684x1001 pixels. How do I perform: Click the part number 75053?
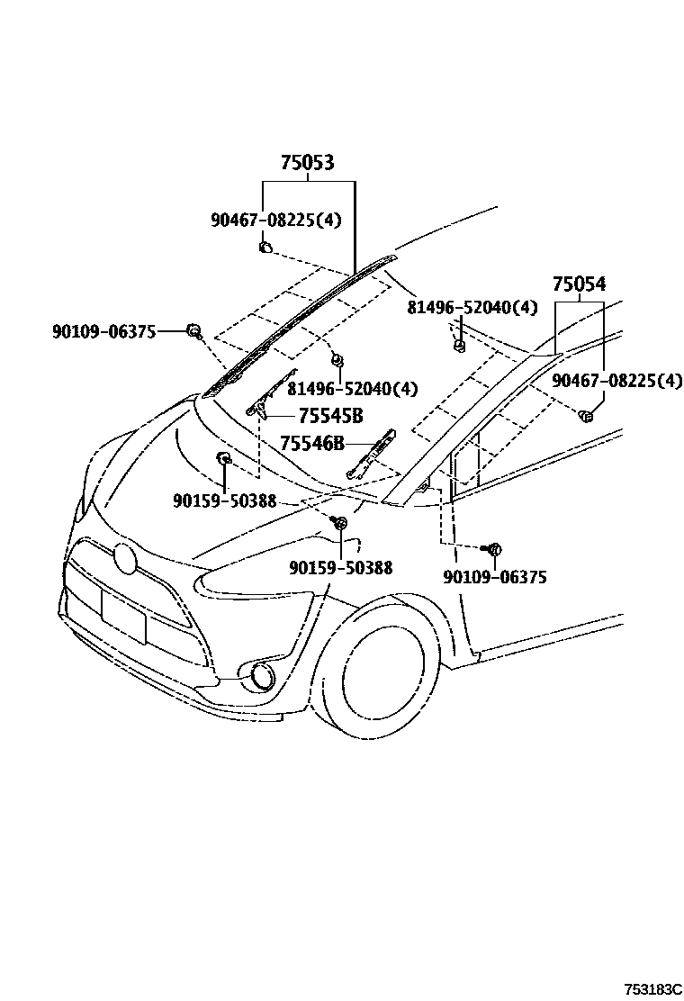click(307, 163)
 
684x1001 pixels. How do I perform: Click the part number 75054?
click(579, 284)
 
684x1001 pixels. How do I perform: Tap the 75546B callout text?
click(311, 443)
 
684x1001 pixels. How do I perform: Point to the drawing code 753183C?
click(643, 987)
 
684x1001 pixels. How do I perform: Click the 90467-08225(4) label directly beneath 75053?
click(276, 219)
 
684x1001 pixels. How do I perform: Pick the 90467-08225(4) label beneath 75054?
click(616, 381)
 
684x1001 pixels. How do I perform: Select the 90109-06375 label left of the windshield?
click(103, 332)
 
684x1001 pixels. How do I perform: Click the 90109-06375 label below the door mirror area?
click(494, 577)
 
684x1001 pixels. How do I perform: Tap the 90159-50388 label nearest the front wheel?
click(341, 567)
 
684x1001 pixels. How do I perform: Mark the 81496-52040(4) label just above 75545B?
click(353, 388)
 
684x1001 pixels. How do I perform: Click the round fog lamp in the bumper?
click(264, 674)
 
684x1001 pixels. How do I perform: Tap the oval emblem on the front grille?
click(125, 559)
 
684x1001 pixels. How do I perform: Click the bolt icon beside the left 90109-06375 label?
click(193, 331)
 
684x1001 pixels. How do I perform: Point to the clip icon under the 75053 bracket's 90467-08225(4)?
click(265, 246)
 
